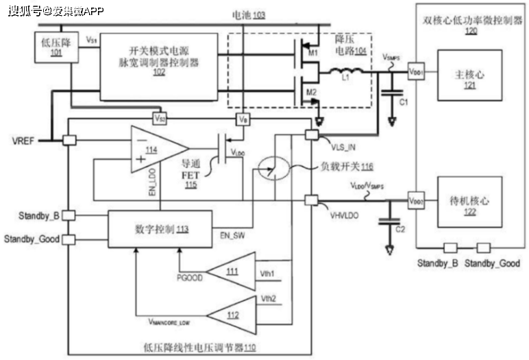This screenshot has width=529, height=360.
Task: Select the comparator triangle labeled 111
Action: coord(232,272)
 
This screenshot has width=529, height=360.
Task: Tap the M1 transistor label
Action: coord(314,53)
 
